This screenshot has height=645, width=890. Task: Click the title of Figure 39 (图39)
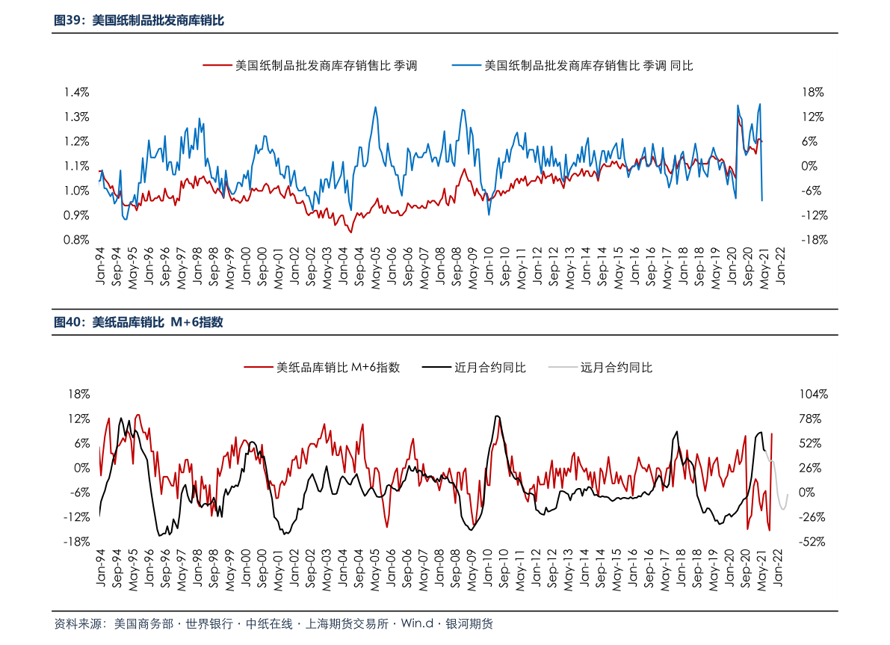coord(139,21)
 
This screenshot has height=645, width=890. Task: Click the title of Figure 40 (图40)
coord(139,322)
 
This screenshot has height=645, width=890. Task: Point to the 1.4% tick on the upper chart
coord(76,92)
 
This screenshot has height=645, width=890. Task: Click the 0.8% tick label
coord(76,240)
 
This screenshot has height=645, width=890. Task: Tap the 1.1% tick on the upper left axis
coord(76,166)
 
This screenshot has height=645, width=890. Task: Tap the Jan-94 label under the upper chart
coord(100,268)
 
